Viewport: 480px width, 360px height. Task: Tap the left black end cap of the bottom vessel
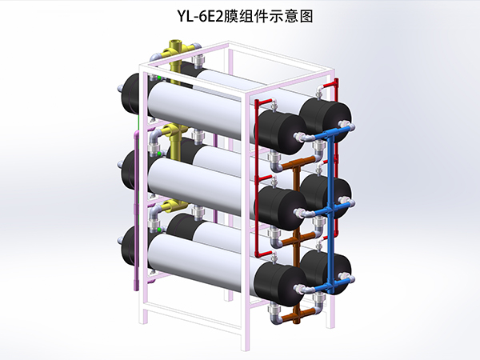[133, 248]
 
